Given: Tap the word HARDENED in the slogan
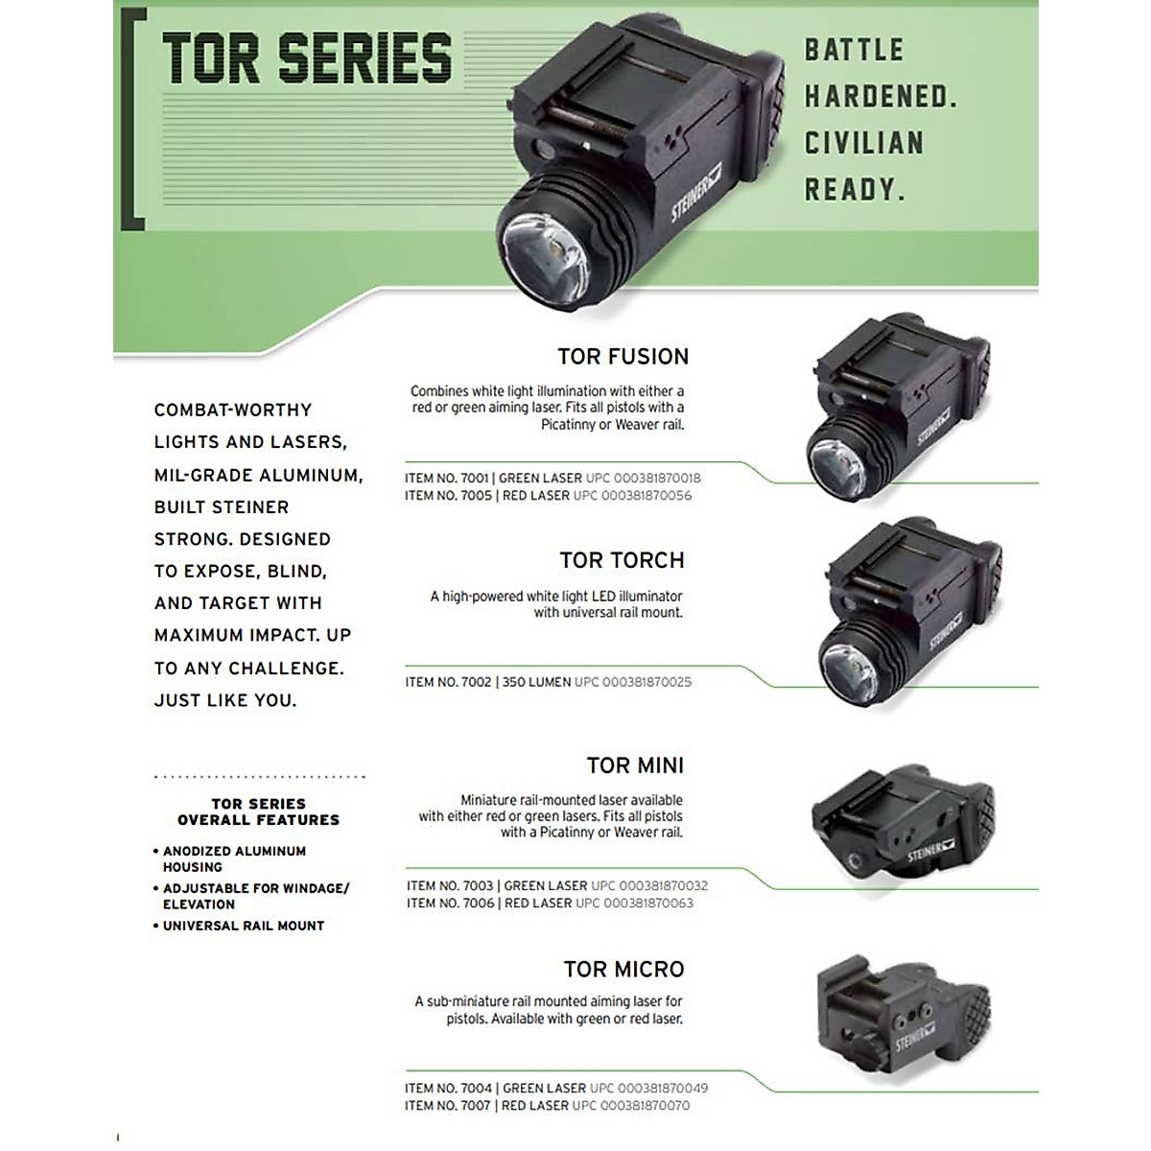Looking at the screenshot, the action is point(880,96).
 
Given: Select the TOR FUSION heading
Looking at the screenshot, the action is point(622,357).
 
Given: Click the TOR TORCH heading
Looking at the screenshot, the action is point(622,560).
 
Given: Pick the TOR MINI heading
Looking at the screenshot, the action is point(635,765).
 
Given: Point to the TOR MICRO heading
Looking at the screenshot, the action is point(623,970).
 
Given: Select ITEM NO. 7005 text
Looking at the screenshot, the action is point(448,496).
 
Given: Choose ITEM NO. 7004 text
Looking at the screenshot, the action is point(448,1089).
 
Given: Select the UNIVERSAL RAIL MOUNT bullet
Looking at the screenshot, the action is point(243,926).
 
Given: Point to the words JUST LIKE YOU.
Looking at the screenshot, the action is point(225,700).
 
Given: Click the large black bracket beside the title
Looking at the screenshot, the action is point(131,119).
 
